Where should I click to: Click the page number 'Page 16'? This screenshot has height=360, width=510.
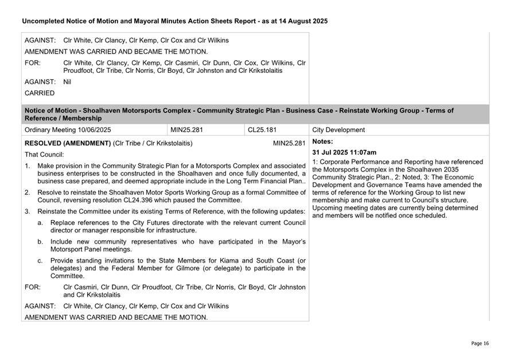[480, 343]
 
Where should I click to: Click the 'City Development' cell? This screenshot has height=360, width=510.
[338, 130]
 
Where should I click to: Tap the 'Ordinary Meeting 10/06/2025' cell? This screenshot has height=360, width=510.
[68, 130]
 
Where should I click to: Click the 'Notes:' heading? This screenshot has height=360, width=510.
[322, 141]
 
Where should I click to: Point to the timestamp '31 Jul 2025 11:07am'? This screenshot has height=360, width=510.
[344, 152]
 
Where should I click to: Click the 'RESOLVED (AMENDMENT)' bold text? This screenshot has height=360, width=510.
[68, 143]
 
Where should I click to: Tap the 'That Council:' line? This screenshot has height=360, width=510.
[44, 155]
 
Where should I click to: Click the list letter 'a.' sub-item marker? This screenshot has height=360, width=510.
[40, 222]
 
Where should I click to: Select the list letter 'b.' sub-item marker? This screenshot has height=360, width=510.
[40, 242]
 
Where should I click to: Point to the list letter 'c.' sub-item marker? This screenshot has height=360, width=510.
[40, 261]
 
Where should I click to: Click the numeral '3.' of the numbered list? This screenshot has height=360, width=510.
[27, 212]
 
